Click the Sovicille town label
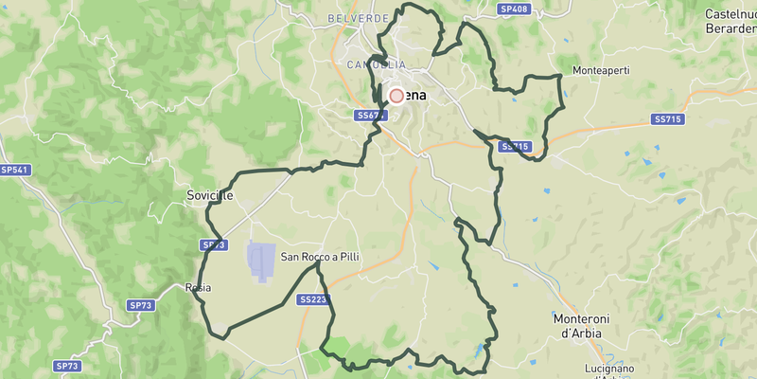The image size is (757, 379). pyautogui.click(x=209, y=195)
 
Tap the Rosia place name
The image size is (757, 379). pyautogui.click(x=198, y=287)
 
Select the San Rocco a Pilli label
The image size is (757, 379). pyautogui.click(x=319, y=257)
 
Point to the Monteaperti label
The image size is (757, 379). pyautogui.click(x=602, y=72)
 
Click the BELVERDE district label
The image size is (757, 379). pyautogui.click(x=357, y=18)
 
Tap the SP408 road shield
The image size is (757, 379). pyautogui.click(x=514, y=9)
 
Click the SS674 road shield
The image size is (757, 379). pyautogui.click(x=372, y=115)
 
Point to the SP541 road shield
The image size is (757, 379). pyautogui.click(x=16, y=170)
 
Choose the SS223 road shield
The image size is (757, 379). pyautogui.click(x=312, y=299)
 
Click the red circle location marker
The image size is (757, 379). pyautogui.click(x=396, y=96)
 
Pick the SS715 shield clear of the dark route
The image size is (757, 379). pyautogui.click(x=668, y=119)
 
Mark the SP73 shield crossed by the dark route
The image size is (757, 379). pyautogui.click(x=214, y=244)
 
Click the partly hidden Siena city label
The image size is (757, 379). pyautogui.click(x=414, y=96)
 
